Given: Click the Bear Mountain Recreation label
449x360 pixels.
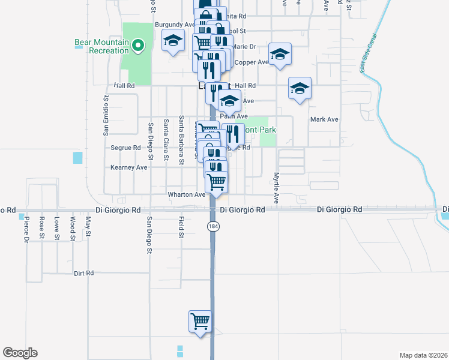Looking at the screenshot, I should coord(101,46).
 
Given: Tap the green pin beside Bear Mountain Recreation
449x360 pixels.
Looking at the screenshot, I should coord(137,44).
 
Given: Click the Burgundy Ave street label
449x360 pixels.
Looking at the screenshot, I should coord(174,25).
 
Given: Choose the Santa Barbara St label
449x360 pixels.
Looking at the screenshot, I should coord(181,140).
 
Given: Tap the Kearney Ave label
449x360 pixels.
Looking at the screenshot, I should coord(129,167).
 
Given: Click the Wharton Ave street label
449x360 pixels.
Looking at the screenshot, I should coord(187,194).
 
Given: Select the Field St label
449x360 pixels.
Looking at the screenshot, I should coord(181,227).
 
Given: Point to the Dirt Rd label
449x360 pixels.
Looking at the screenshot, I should coord(84,273).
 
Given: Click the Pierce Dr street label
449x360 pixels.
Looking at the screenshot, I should coord(26,229).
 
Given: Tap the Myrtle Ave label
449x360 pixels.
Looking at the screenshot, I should coord(277,188).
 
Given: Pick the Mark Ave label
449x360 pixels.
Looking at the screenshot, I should coord(324,119).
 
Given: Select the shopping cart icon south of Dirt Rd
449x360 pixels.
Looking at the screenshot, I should coord(200,321).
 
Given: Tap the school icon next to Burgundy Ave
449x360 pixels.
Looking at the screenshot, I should coord(173,40).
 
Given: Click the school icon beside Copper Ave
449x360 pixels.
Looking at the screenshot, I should coord(280,55).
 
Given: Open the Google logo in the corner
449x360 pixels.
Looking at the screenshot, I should coord(20,353).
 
